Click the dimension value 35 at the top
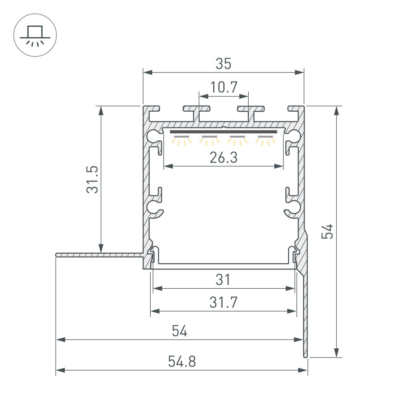click(223, 64)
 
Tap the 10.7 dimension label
click(224, 87)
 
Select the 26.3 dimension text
click(223, 158)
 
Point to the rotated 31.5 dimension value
click(92, 179)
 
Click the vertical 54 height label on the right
click(328, 232)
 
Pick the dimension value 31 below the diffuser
click(223, 280)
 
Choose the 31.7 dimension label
click(223, 302)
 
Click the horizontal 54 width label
click(179, 331)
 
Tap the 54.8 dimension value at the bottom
click(182, 362)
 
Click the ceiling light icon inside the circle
click(35, 35)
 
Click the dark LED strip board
click(223, 132)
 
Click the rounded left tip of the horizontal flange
click(57, 255)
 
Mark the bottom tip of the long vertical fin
click(305, 356)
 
